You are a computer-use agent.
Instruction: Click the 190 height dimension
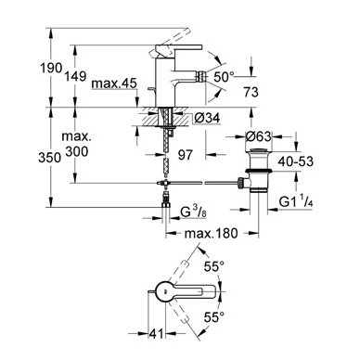[x=51, y=68]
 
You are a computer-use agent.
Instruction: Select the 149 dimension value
[x=75, y=76]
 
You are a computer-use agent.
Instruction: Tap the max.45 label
[x=114, y=84]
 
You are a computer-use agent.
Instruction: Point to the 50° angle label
[x=225, y=77]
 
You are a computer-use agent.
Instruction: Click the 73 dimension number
[x=251, y=92]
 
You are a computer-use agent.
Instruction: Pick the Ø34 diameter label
[x=207, y=118]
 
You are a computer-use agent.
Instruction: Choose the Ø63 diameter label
[x=258, y=136]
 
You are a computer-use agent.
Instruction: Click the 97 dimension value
[x=186, y=155]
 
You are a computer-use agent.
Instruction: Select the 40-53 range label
[x=295, y=161]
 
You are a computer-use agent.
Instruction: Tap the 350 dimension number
[x=49, y=158]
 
